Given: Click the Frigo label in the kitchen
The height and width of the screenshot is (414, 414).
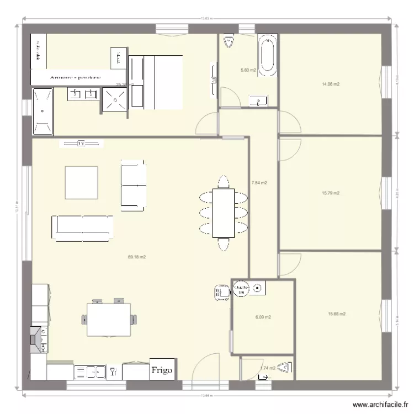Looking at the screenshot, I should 163,370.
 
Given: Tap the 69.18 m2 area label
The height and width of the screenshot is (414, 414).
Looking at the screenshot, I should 136,257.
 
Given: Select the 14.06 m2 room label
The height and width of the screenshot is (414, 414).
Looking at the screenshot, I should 330,84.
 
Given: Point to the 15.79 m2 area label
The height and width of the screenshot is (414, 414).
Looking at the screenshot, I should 330,193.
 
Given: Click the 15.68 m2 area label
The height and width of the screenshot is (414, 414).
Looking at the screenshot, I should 337,314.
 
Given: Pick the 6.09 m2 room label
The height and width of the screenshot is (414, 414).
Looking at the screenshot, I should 263,317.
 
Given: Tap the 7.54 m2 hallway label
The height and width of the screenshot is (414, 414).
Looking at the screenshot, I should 259,182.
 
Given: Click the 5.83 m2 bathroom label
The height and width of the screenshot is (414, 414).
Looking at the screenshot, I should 248,70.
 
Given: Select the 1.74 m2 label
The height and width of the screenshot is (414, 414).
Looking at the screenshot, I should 268,368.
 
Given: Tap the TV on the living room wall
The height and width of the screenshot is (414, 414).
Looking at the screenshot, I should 81,144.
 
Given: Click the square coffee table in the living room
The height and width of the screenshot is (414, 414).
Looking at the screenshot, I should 82,182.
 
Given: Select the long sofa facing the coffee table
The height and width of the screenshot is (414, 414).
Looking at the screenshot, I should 83,227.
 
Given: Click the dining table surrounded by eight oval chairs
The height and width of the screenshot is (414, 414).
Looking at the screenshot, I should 224,213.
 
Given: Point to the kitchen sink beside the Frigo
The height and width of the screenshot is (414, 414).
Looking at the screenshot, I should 89,371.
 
